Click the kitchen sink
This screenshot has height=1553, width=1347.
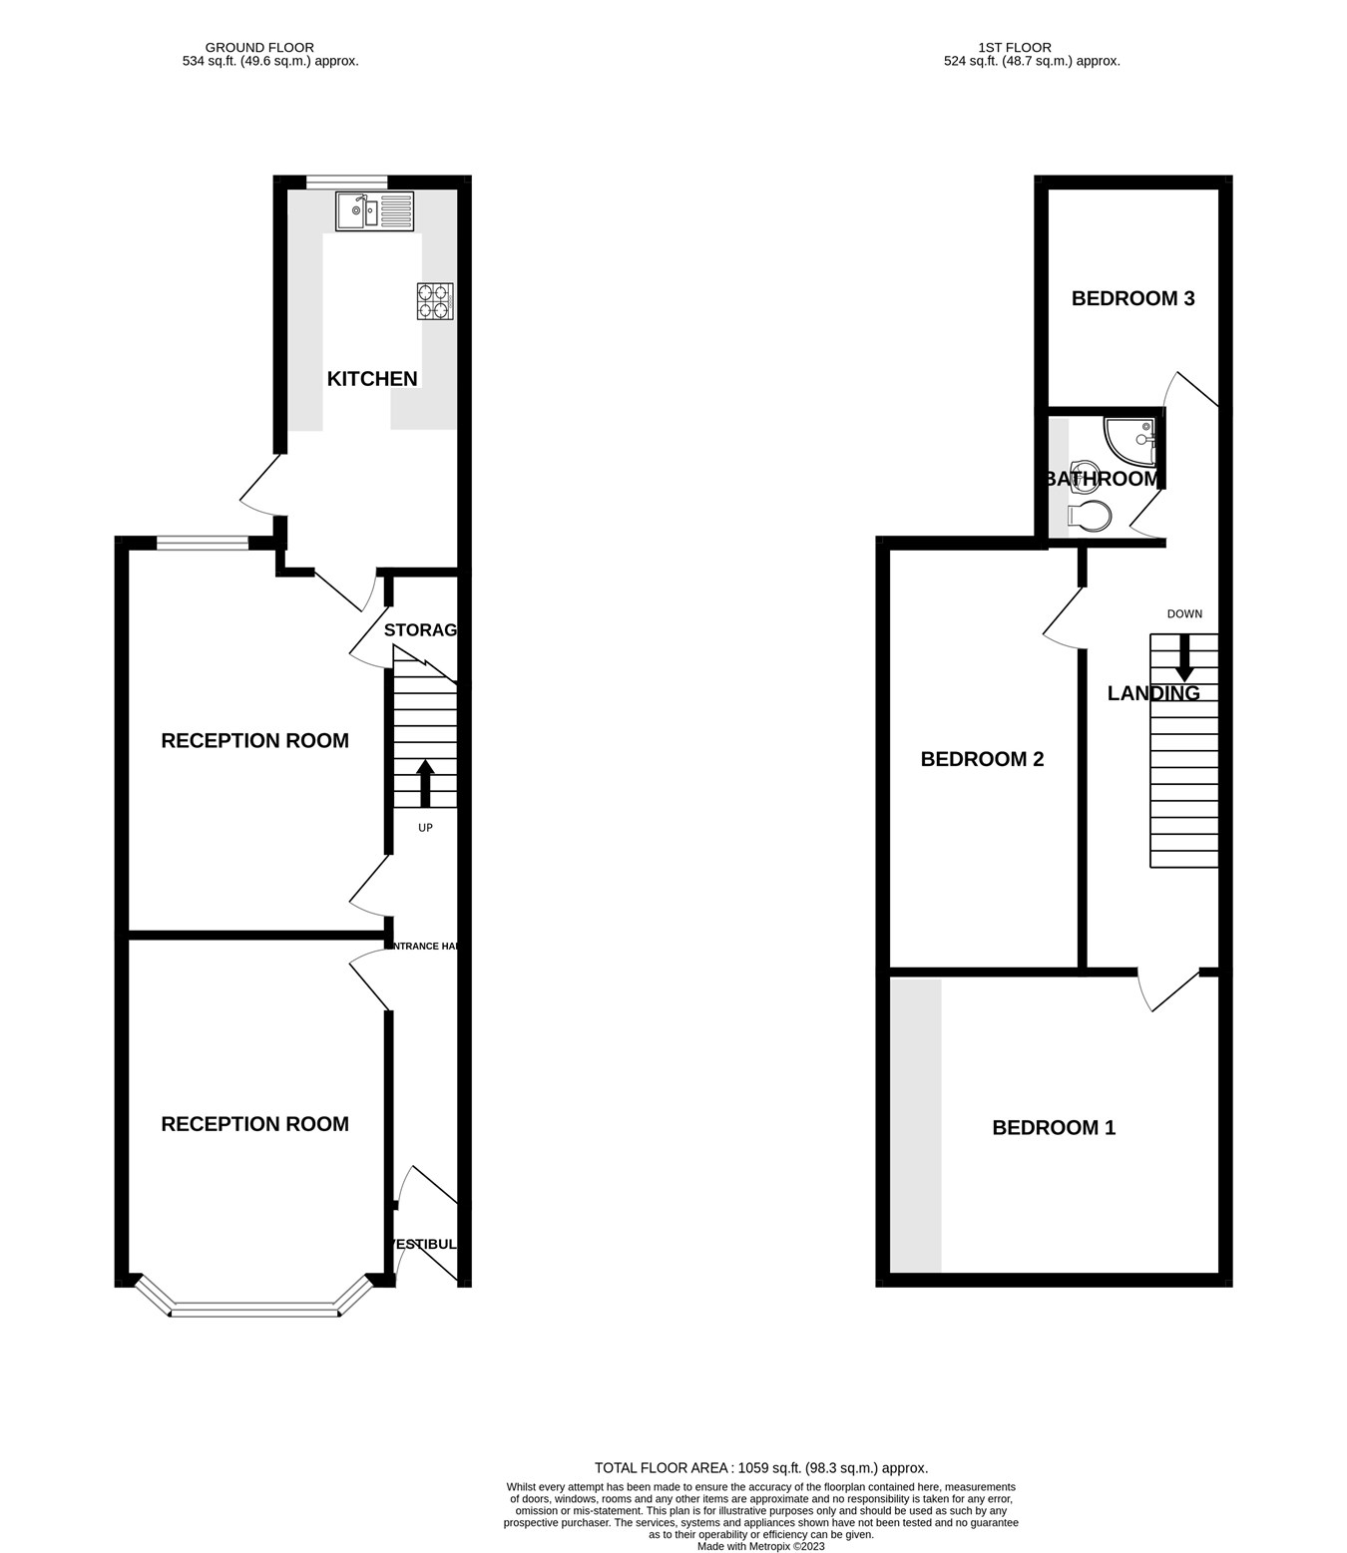tap(374, 211)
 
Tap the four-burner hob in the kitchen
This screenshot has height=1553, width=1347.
tap(435, 301)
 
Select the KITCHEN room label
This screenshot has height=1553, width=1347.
tap(372, 379)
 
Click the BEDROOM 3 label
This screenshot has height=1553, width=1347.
tap(1132, 298)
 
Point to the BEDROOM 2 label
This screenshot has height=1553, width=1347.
tap(982, 759)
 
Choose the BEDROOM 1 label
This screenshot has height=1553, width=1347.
tap(1054, 1128)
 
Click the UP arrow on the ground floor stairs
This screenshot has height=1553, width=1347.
tap(425, 783)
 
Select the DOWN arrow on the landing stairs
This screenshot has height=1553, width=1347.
tap(1184, 658)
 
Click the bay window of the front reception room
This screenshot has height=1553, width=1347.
tap(254, 1308)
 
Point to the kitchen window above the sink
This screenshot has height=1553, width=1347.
tap(346, 182)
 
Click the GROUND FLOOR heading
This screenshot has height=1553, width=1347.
tap(259, 47)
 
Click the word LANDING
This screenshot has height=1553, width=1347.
tap(1153, 693)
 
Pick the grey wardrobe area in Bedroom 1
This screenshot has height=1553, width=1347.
tap(916, 1125)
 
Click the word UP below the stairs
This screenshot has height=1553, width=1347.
tap(425, 827)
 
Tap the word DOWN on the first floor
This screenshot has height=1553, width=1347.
tap(1184, 613)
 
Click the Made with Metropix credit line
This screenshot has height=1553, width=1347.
tap(761, 1547)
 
